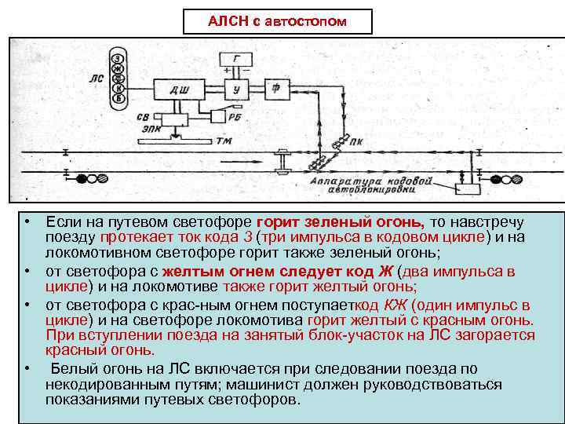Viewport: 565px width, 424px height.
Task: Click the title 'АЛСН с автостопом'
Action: pos(276,20)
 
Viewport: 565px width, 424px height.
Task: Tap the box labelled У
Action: pos(236,90)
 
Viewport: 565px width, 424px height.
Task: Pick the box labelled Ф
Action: pos(277,89)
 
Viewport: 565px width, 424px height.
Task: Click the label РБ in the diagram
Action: pos(235,117)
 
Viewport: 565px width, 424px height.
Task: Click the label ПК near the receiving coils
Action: pos(357,144)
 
